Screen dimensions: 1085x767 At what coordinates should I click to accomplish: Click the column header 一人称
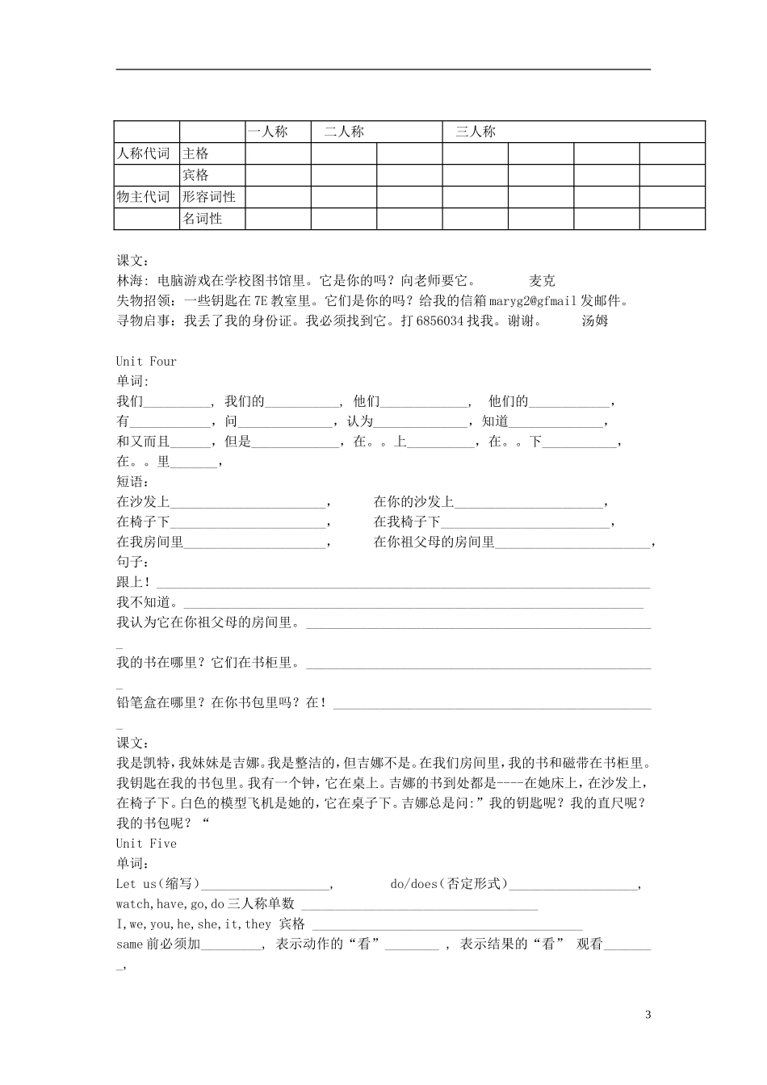coord(267,132)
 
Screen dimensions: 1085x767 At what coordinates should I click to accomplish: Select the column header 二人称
coord(345,132)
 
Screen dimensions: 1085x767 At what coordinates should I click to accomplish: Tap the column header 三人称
coord(476,132)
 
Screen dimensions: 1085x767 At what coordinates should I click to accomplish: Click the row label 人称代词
coord(144,153)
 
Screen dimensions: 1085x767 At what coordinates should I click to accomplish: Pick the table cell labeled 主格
coord(196,153)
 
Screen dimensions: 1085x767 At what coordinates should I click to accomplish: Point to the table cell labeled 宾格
coord(196,175)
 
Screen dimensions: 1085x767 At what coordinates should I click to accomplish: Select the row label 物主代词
coord(144,197)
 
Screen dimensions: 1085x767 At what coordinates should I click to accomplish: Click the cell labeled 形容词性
coord(209,197)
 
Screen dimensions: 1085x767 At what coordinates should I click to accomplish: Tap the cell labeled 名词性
coord(203,219)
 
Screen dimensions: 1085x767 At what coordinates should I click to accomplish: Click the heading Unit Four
coord(146,361)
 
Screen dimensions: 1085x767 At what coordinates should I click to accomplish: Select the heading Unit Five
coord(146,844)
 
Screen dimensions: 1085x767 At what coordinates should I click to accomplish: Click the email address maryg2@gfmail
coord(533,301)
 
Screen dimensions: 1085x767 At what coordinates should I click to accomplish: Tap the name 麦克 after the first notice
coord(543,281)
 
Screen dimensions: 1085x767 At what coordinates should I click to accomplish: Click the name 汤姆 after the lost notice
coord(595,320)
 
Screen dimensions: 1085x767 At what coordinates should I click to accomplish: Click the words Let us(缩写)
coord(157,884)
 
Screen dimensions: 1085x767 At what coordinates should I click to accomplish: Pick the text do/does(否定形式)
coord(449,884)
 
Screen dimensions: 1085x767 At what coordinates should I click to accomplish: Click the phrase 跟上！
coord(133,582)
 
